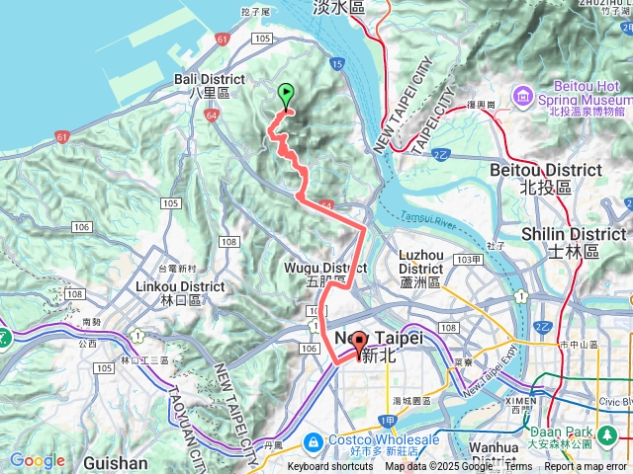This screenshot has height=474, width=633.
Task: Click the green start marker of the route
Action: [x=287, y=96]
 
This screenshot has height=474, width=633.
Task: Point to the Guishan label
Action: [x=116, y=462]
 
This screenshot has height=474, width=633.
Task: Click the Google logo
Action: [x=37, y=460]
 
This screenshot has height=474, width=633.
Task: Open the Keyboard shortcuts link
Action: [x=330, y=467]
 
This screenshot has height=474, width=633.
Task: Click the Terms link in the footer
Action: [x=518, y=467]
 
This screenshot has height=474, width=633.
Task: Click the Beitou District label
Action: [x=545, y=178]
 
